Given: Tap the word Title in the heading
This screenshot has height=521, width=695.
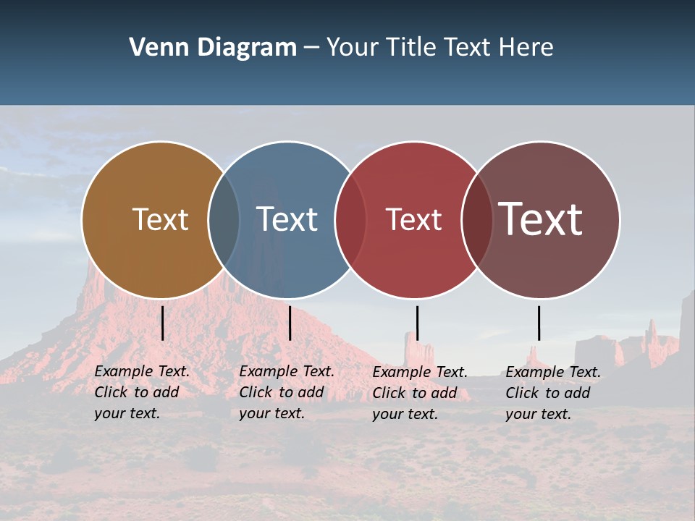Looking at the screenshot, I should tap(410, 48).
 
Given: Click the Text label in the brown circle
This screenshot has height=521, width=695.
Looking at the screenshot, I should tap(160, 219).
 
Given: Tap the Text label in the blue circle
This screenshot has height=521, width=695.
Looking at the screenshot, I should tap(287, 219).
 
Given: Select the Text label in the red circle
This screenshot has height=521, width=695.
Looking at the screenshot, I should tap(413, 219).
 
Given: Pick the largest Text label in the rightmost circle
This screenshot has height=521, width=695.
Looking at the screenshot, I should tap(541, 219).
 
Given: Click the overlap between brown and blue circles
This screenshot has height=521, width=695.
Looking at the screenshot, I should tap(224, 219).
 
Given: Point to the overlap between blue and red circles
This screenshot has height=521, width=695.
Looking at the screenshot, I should tap(350, 219).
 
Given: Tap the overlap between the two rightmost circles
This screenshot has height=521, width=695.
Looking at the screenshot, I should tap(477, 219).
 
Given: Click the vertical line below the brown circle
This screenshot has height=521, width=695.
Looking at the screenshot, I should tap(163, 323).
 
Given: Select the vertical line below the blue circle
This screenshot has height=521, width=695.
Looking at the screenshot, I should tap(290, 323).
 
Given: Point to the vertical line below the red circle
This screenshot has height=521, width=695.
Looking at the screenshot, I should tap(417, 323).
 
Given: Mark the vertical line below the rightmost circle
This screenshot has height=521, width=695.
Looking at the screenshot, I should tap(539, 323).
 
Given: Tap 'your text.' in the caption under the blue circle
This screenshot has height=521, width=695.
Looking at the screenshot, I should tap(271, 414).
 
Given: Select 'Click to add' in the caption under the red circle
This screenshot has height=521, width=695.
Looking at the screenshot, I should tap(415, 393).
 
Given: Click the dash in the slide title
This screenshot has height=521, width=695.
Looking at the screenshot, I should tap(311, 48).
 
